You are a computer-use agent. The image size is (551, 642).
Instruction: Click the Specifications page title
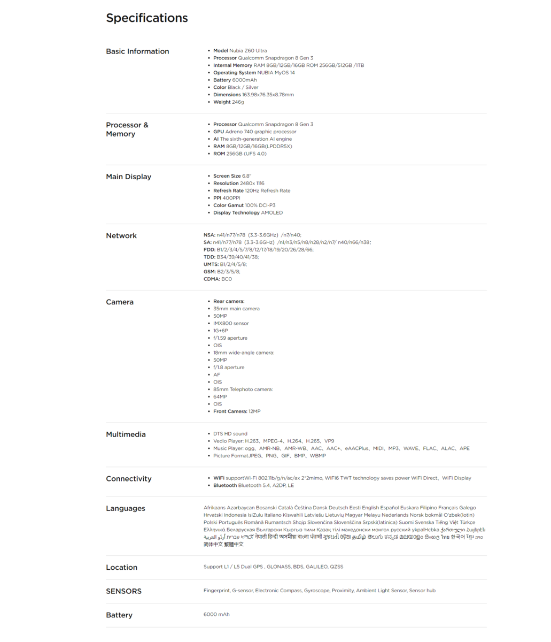point(146,18)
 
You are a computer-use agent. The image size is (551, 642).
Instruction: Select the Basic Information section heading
point(137,51)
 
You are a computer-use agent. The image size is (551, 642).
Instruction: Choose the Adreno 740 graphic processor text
point(261,132)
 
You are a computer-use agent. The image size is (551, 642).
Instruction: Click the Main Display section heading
point(128,177)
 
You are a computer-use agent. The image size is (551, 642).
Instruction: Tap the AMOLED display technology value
point(272,213)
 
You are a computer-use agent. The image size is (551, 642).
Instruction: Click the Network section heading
point(121,235)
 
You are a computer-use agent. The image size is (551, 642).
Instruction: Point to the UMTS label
point(211,264)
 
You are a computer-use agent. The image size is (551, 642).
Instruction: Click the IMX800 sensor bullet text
point(231,324)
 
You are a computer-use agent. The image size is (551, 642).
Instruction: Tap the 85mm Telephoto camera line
point(243,389)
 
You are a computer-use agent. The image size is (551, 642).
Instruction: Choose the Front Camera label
point(230,411)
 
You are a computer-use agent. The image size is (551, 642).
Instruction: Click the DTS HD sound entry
point(230,434)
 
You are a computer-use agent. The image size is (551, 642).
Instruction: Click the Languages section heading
point(125,508)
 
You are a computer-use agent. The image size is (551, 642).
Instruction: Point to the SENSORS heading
point(123,591)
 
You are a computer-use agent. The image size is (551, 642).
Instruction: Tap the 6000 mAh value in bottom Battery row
point(216,615)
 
